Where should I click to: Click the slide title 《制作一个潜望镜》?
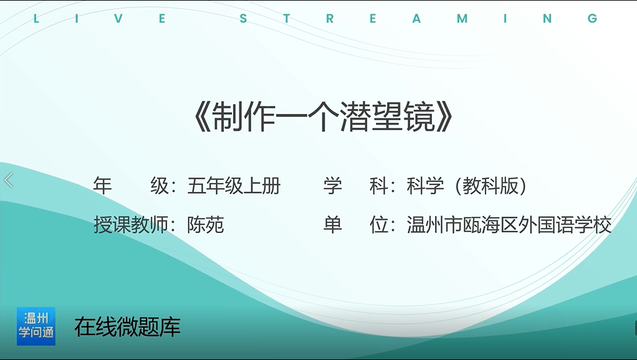click(x=323, y=117)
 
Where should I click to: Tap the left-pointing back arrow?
click(x=9, y=180)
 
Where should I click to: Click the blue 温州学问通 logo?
click(x=36, y=326)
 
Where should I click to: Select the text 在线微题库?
click(x=127, y=327)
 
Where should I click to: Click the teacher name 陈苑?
click(x=206, y=225)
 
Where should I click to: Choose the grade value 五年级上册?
click(x=234, y=186)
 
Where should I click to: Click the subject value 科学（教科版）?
click(x=466, y=186)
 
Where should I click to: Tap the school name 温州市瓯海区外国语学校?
click(x=509, y=225)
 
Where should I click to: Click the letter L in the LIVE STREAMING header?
click(x=36, y=19)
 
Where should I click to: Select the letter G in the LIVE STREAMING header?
click(x=592, y=19)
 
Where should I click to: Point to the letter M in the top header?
click(x=462, y=19)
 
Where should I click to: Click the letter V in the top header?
click(x=118, y=19)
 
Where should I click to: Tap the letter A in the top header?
click(x=416, y=19)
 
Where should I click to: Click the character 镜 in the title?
click(x=420, y=117)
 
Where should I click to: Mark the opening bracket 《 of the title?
click(x=202, y=117)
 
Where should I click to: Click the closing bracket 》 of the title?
click(x=445, y=117)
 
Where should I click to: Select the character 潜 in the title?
click(x=356, y=117)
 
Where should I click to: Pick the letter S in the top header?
click(x=243, y=19)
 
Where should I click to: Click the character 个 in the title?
click(x=323, y=117)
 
